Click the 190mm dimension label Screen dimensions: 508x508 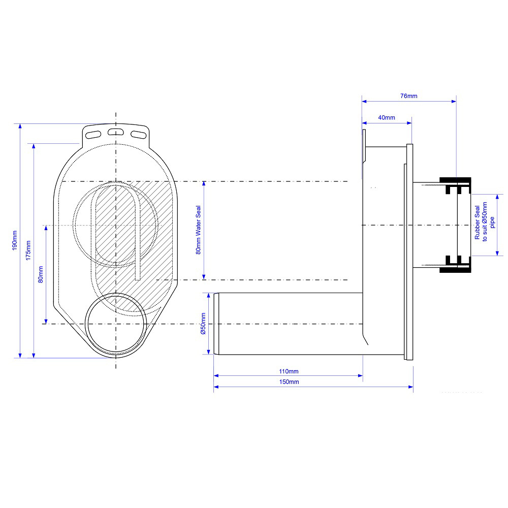click(x=15, y=240)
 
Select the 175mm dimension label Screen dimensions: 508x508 click(x=28, y=250)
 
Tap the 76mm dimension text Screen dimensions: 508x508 click(x=409, y=96)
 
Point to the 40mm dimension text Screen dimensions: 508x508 click(x=387, y=118)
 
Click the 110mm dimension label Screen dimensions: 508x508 click(x=289, y=371)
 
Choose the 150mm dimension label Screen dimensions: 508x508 click(x=289, y=382)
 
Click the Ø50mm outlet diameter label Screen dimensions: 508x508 click(x=203, y=324)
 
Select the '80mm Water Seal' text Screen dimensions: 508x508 click(x=198, y=230)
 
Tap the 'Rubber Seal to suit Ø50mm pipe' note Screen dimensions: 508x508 click(x=485, y=222)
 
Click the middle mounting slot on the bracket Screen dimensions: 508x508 click(x=116, y=132)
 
